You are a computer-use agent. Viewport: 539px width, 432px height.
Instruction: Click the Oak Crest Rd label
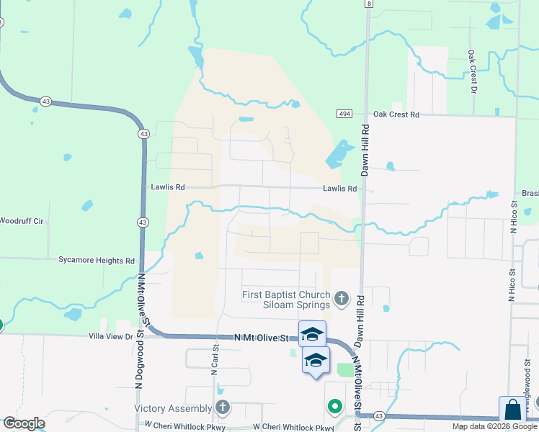point(396,114)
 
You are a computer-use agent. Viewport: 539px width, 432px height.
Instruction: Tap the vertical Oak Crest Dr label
point(472,71)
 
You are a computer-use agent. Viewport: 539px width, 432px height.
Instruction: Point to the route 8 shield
point(368,4)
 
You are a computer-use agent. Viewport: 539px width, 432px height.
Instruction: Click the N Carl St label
point(215,359)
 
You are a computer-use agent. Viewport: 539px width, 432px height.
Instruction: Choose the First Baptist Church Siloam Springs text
point(286,300)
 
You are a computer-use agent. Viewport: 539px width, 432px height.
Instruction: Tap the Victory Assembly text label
point(174,408)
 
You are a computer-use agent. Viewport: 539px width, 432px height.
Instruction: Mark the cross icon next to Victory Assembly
point(223,408)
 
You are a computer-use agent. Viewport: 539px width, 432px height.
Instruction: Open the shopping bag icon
point(513,410)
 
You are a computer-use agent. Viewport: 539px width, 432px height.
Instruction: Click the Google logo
point(24,423)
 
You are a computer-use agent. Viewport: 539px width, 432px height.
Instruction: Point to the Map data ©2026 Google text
point(495,426)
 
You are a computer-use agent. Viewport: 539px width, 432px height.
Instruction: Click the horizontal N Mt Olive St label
point(261,337)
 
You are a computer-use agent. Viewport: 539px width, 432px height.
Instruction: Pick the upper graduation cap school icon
point(312,334)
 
